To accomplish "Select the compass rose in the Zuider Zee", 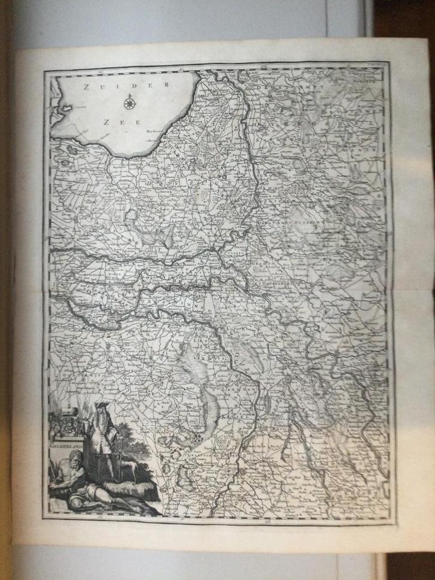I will point(129,104).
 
